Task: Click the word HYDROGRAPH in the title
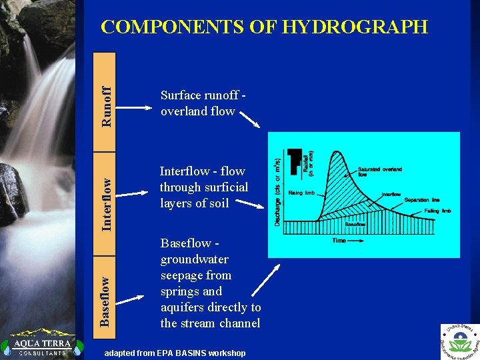coord(355,27)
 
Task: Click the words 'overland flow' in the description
coord(198,111)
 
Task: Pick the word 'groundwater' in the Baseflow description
coord(195,259)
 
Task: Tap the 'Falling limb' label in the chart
coord(438,210)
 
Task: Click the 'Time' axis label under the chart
coord(339,240)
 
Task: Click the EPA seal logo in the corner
coord(460,341)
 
